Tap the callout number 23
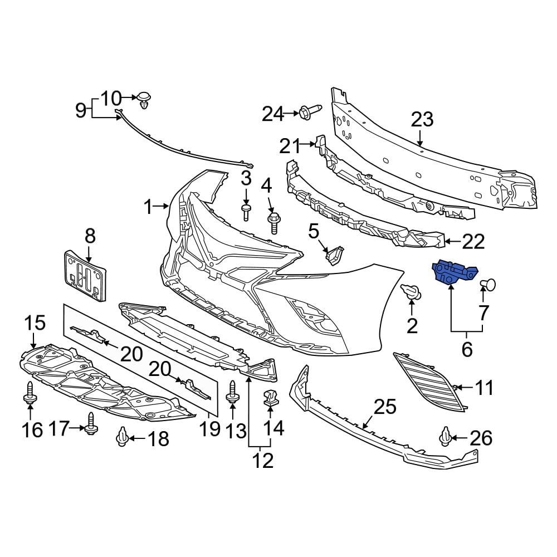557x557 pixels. coord(422,120)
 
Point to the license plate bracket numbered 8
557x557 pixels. coord(85,276)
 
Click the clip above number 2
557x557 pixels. coord(411,290)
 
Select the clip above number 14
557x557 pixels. coord(270,398)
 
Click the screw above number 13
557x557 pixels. coord(233,392)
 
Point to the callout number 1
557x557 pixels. coord(148,208)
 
